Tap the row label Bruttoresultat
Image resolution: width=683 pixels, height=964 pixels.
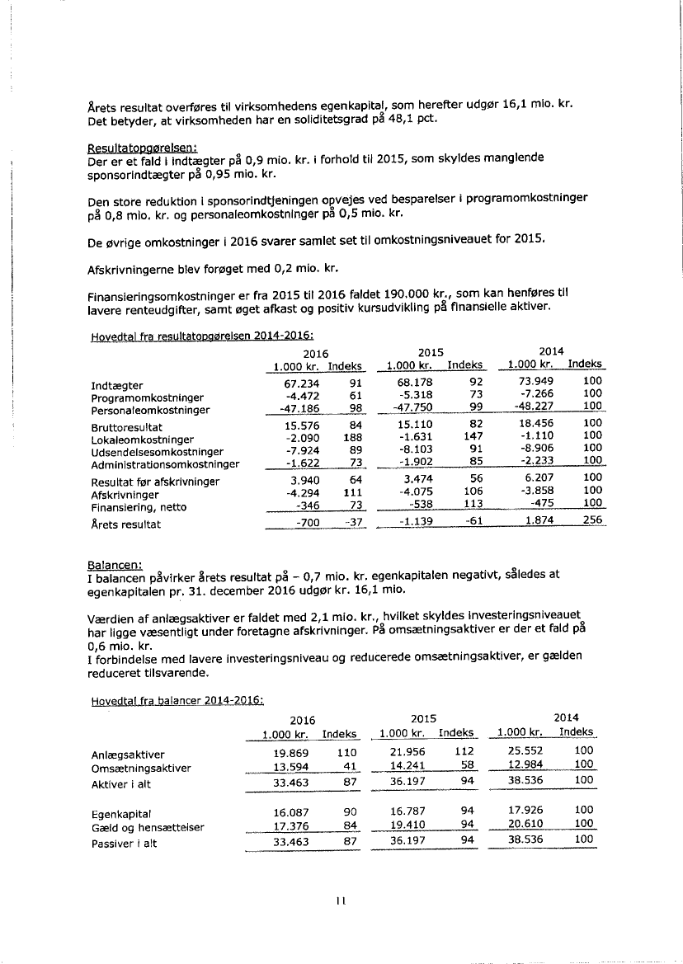tap(126, 428)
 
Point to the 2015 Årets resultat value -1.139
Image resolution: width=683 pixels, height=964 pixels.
tap(417, 524)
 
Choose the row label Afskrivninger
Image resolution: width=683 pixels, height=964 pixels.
tap(123, 495)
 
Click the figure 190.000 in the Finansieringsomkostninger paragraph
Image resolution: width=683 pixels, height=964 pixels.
tap(417, 293)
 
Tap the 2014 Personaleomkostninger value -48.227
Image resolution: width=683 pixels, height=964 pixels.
tap(531, 410)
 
